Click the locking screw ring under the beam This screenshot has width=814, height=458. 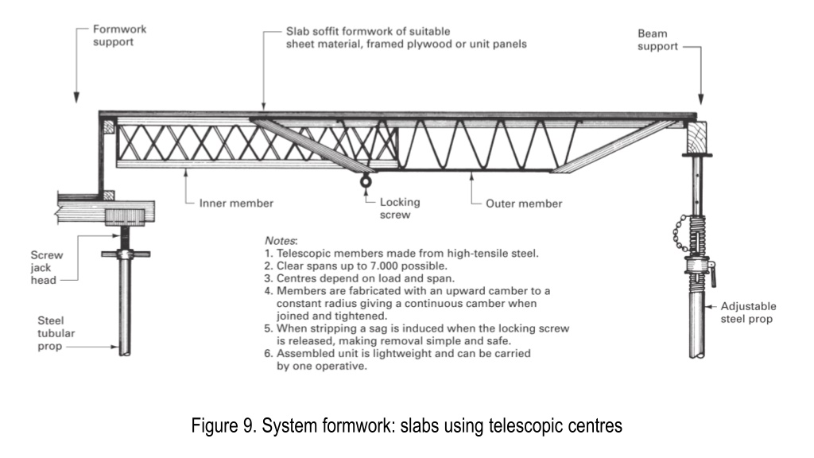tap(366, 182)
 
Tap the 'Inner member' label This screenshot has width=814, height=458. tap(236, 203)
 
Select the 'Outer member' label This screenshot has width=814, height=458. tap(524, 204)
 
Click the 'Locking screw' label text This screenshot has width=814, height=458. tap(400, 208)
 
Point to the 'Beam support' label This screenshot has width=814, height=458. tap(657, 40)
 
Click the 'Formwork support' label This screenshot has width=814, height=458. tap(119, 35)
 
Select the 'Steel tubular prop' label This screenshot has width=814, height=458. tap(56, 333)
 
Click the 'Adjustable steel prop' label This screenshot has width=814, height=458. tap(748, 312)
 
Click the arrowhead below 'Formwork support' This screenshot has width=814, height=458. tap(76, 97)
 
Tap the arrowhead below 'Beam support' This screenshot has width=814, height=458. tap(701, 99)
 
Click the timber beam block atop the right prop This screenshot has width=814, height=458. tap(696, 138)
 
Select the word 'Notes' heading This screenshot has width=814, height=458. tap(281, 241)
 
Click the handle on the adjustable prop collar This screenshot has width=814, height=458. tap(713, 274)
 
